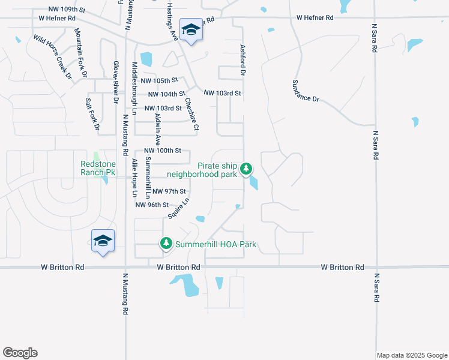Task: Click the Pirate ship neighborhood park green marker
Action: point(246,169)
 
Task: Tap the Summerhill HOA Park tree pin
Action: point(166,244)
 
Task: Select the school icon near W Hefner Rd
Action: point(191,30)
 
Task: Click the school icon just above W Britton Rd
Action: point(103,241)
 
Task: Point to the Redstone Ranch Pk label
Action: point(98,167)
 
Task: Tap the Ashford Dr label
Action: point(243,60)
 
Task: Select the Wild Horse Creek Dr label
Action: point(52,56)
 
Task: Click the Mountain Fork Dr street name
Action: point(82,53)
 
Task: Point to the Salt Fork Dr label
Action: point(92,113)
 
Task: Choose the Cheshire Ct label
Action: point(192,115)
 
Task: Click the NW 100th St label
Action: point(162,151)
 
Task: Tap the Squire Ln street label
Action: point(179,208)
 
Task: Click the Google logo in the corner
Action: point(20,353)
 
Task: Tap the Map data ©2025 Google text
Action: point(412,355)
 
